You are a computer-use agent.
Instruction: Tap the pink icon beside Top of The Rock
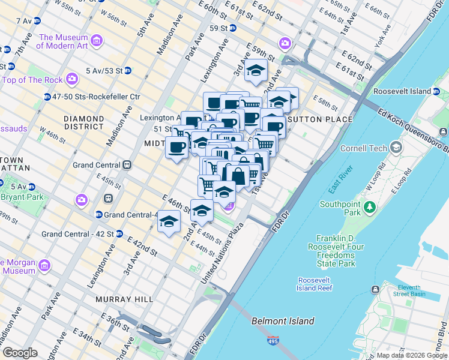click(x=73, y=79)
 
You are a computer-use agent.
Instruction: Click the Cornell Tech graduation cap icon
click(x=396, y=148)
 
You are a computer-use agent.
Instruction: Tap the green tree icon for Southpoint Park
click(x=370, y=208)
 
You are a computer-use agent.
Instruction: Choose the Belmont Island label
click(x=283, y=321)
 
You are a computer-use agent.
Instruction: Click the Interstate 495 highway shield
click(x=273, y=341)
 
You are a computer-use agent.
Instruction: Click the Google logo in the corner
click(x=20, y=353)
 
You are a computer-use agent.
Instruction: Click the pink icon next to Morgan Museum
click(x=43, y=265)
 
